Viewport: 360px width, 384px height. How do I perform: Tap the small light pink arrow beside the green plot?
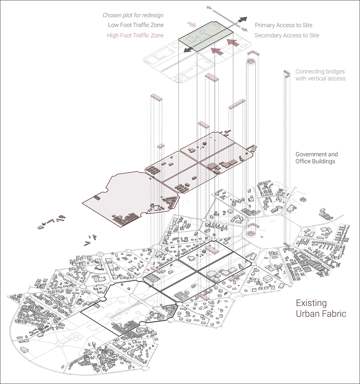[192, 24]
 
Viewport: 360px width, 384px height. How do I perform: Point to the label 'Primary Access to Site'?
[283, 25]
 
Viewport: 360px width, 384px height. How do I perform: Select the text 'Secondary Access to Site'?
[287, 35]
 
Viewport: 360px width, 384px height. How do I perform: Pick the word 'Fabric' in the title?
[333, 314]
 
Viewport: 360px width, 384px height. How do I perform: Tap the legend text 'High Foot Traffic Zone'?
[135, 35]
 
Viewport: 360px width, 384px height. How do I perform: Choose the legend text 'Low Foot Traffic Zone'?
[136, 25]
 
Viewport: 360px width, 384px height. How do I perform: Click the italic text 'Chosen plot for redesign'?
[133, 15]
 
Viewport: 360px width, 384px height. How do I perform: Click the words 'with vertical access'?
[320, 78]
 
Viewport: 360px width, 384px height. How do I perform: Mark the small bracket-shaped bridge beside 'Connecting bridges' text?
[287, 73]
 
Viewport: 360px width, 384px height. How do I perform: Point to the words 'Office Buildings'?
[315, 161]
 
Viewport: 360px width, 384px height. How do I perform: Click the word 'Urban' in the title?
[307, 314]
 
